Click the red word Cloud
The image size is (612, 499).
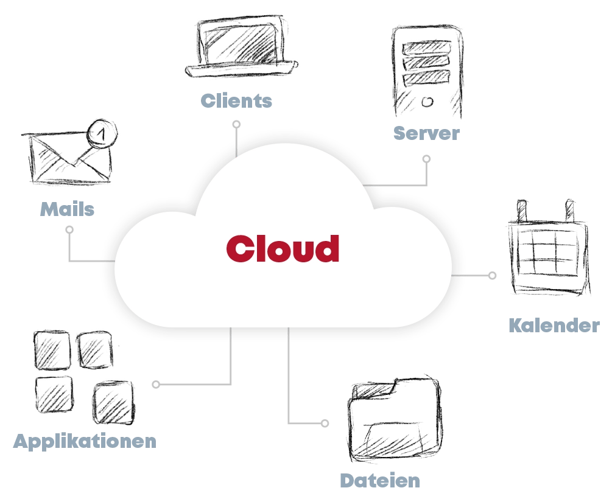[283, 248]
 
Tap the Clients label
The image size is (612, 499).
[236, 100]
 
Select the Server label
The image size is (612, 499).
[426, 133]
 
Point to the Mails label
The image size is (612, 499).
[68, 209]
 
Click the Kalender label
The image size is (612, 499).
[554, 326]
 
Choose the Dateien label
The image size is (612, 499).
[380, 480]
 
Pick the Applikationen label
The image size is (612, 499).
[85, 441]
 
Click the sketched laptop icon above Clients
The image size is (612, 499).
[241, 46]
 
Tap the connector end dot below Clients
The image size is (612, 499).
[236, 124]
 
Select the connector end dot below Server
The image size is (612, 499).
[426, 159]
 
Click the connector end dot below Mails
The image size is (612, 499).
[69, 230]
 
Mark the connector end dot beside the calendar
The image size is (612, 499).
[492, 276]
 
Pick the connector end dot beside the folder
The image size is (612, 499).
[325, 423]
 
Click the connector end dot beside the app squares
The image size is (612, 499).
[156, 385]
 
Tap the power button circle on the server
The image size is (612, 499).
[427, 99]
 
